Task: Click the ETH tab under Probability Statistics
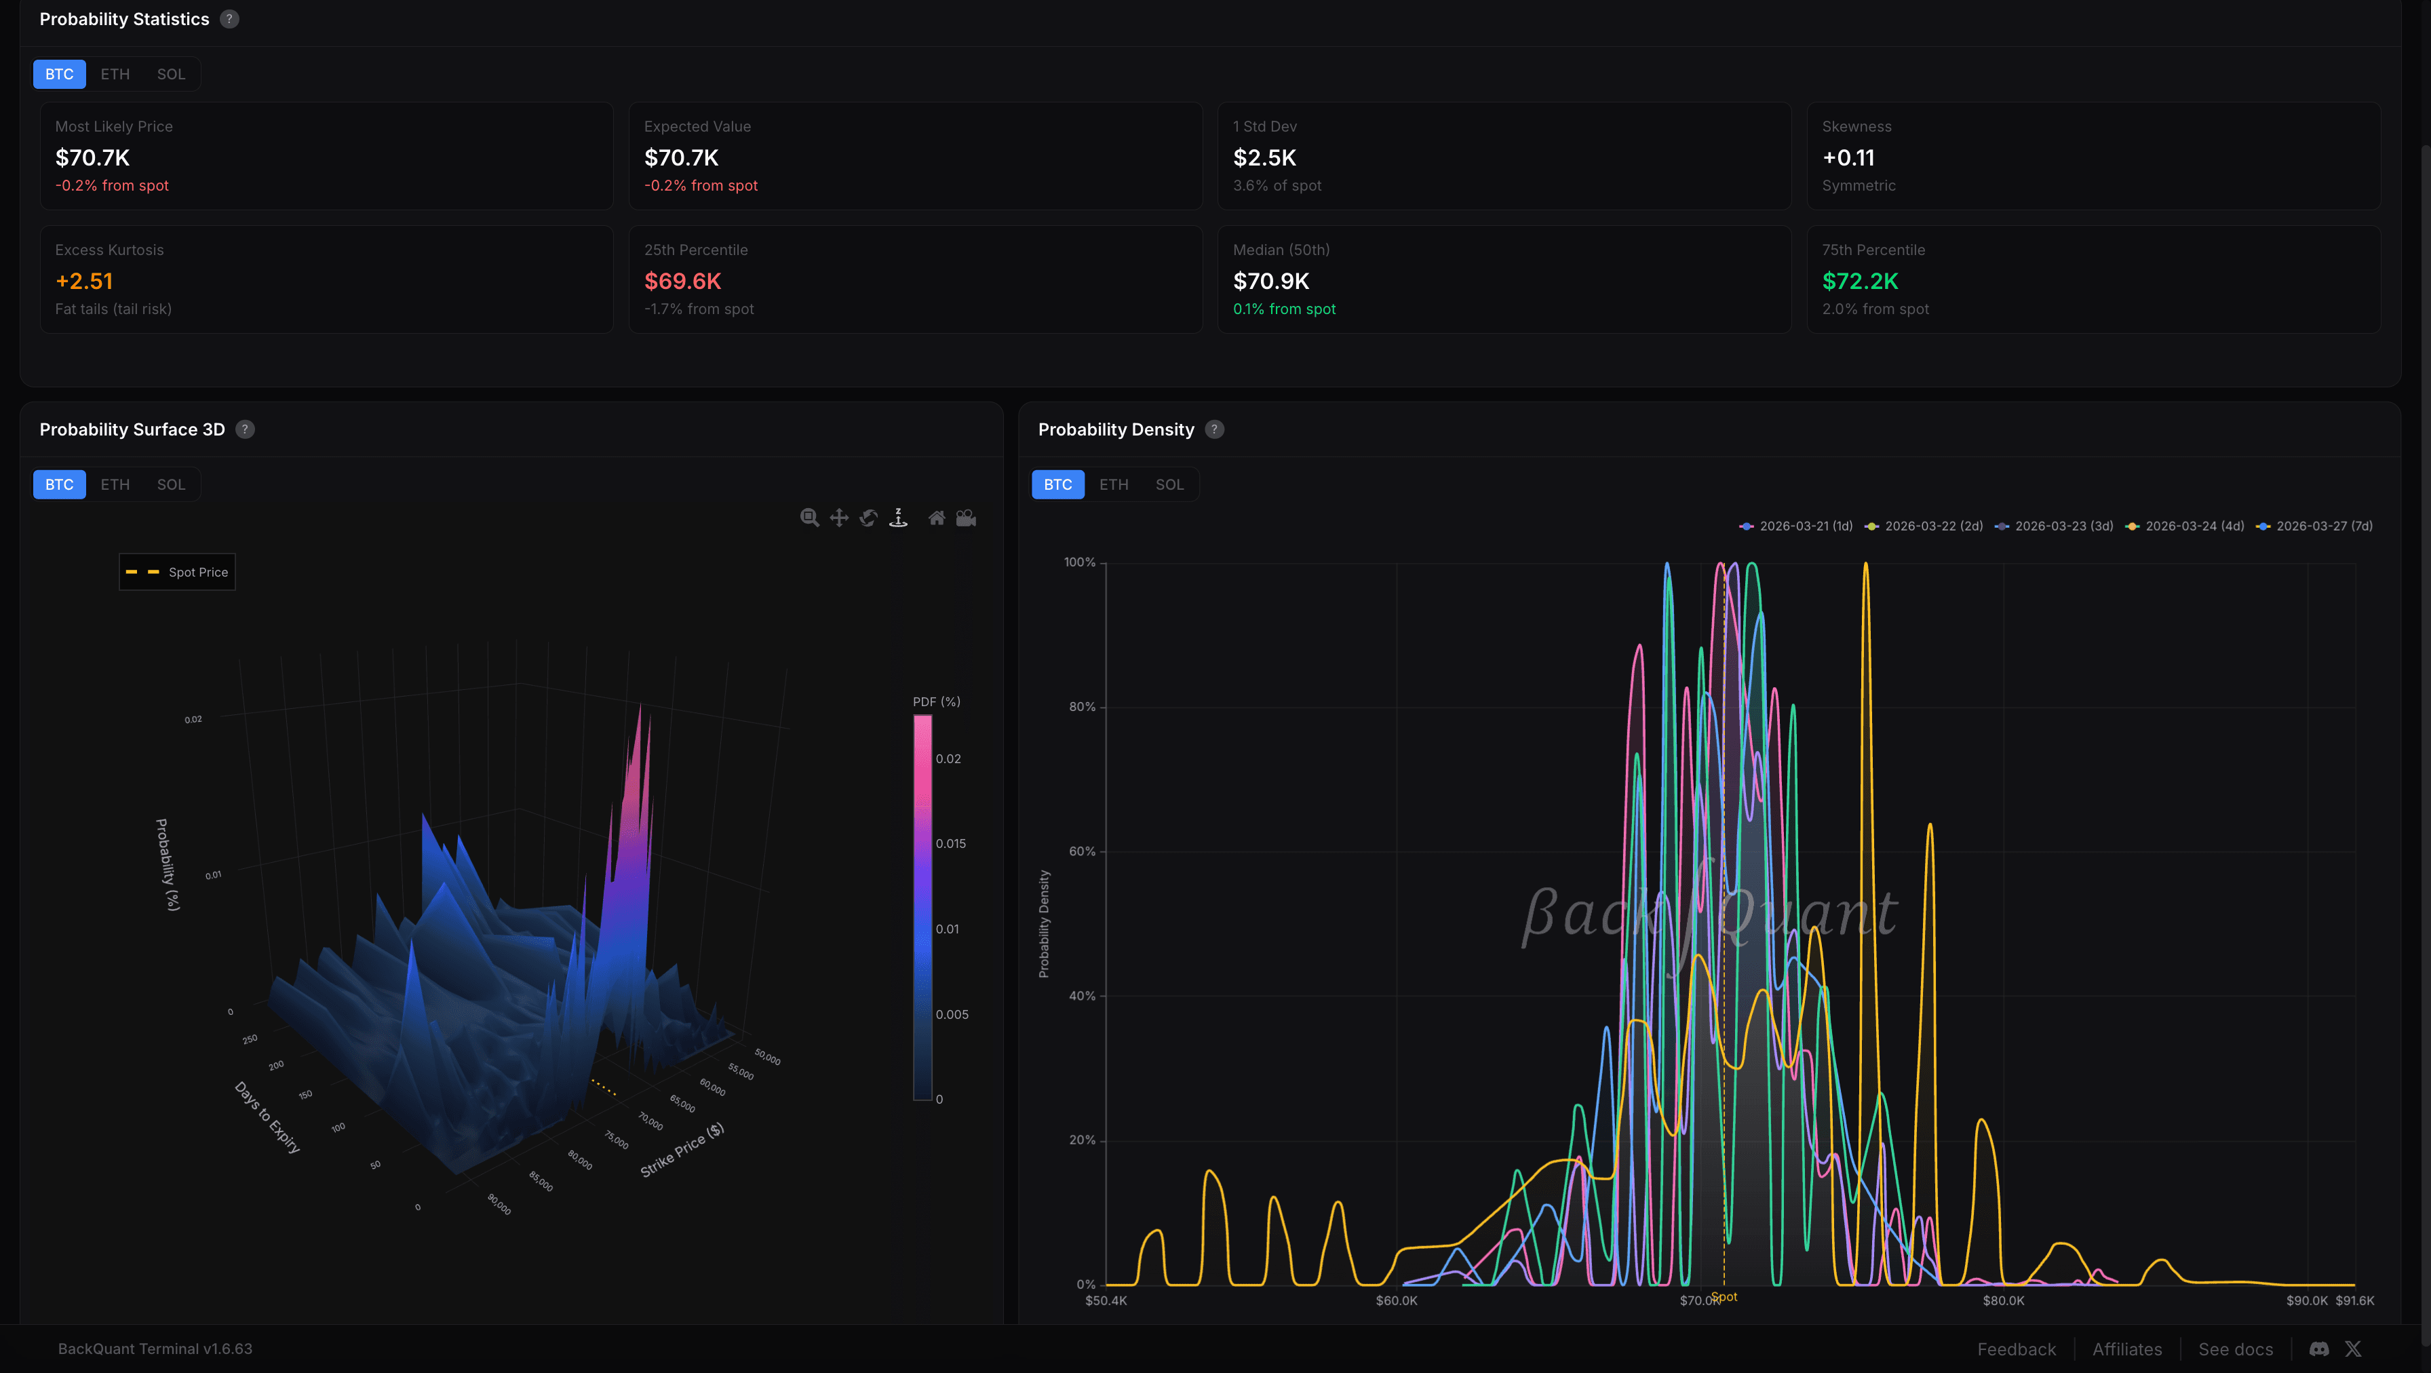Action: click(x=115, y=75)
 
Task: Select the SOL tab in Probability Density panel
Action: click(x=1169, y=485)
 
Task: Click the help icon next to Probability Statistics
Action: click(x=229, y=19)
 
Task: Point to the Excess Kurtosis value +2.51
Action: click(x=84, y=282)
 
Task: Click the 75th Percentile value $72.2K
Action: click(x=1859, y=282)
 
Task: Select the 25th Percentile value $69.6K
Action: click(x=682, y=282)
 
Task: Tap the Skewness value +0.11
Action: click(x=1848, y=157)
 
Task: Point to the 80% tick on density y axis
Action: click(x=1081, y=707)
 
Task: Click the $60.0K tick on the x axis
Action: click(x=1396, y=1301)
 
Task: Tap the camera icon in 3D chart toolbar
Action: click(x=967, y=518)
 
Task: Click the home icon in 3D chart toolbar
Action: click(x=936, y=518)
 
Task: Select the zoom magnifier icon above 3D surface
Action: click(x=809, y=518)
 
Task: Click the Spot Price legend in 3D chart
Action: click(x=178, y=573)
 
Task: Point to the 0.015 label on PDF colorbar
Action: click(x=950, y=844)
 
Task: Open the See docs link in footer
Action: click(x=2235, y=1349)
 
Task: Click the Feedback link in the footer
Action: click(x=2016, y=1349)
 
